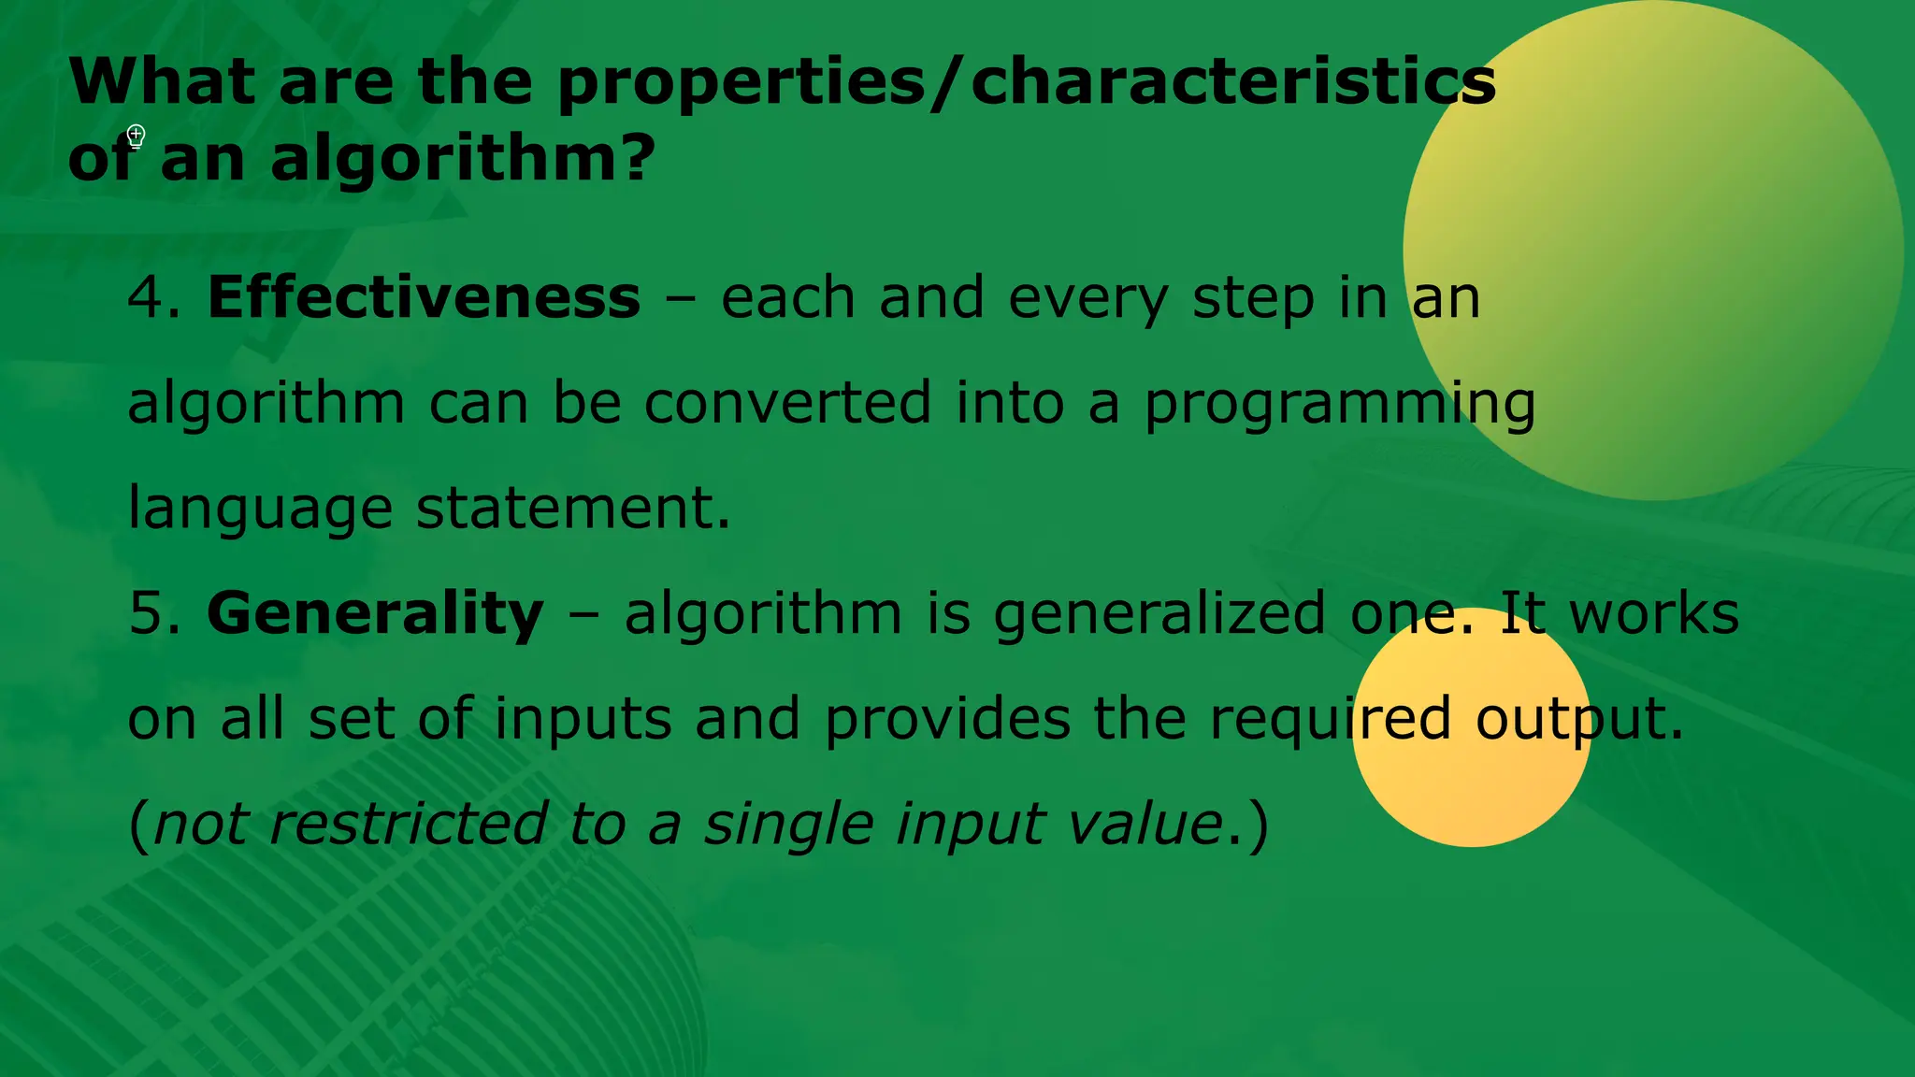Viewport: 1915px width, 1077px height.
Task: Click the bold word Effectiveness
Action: [x=424, y=298]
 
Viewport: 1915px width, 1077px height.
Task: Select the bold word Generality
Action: [x=375, y=614]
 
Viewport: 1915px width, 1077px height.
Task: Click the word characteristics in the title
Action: [x=1233, y=82]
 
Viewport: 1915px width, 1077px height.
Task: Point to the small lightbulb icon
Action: [x=136, y=137]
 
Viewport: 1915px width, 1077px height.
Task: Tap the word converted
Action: [x=787, y=403]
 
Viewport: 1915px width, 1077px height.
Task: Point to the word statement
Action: [x=572, y=509]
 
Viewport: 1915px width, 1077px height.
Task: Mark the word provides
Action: [x=947, y=719]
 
